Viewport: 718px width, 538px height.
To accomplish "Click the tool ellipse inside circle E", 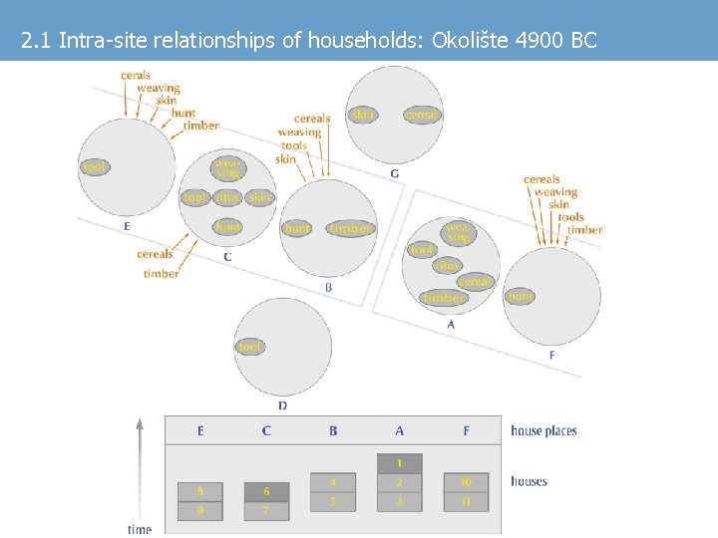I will [x=95, y=167].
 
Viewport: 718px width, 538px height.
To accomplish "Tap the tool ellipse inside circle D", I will [x=249, y=347].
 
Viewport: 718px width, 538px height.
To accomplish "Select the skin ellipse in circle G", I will [x=363, y=115].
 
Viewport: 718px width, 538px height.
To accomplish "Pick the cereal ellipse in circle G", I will [x=422, y=116].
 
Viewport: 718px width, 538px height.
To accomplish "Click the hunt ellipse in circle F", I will [x=520, y=296].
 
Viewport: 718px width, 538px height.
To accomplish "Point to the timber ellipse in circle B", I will [x=350, y=229].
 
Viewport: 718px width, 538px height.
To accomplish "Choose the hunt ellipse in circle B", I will [x=297, y=229].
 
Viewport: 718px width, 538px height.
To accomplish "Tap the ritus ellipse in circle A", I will [x=447, y=266].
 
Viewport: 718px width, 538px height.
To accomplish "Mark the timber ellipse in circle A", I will [x=443, y=298].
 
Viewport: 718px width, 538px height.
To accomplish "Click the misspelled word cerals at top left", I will [x=136, y=75].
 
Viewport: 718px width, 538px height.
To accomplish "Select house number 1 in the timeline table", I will [x=399, y=463].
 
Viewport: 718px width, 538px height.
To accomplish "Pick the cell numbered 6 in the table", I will [x=266, y=492].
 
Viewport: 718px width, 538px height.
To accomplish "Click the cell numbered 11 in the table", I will [x=466, y=500].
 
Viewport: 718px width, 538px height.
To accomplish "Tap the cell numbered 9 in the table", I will [x=200, y=510].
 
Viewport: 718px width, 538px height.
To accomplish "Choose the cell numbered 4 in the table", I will [x=333, y=482].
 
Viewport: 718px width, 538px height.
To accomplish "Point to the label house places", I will [x=543, y=430].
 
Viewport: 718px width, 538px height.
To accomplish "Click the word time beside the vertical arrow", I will [x=140, y=529].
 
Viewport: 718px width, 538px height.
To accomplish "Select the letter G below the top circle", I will [x=395, y=174].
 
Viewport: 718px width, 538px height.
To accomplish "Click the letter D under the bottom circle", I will [x=282, y=405].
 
